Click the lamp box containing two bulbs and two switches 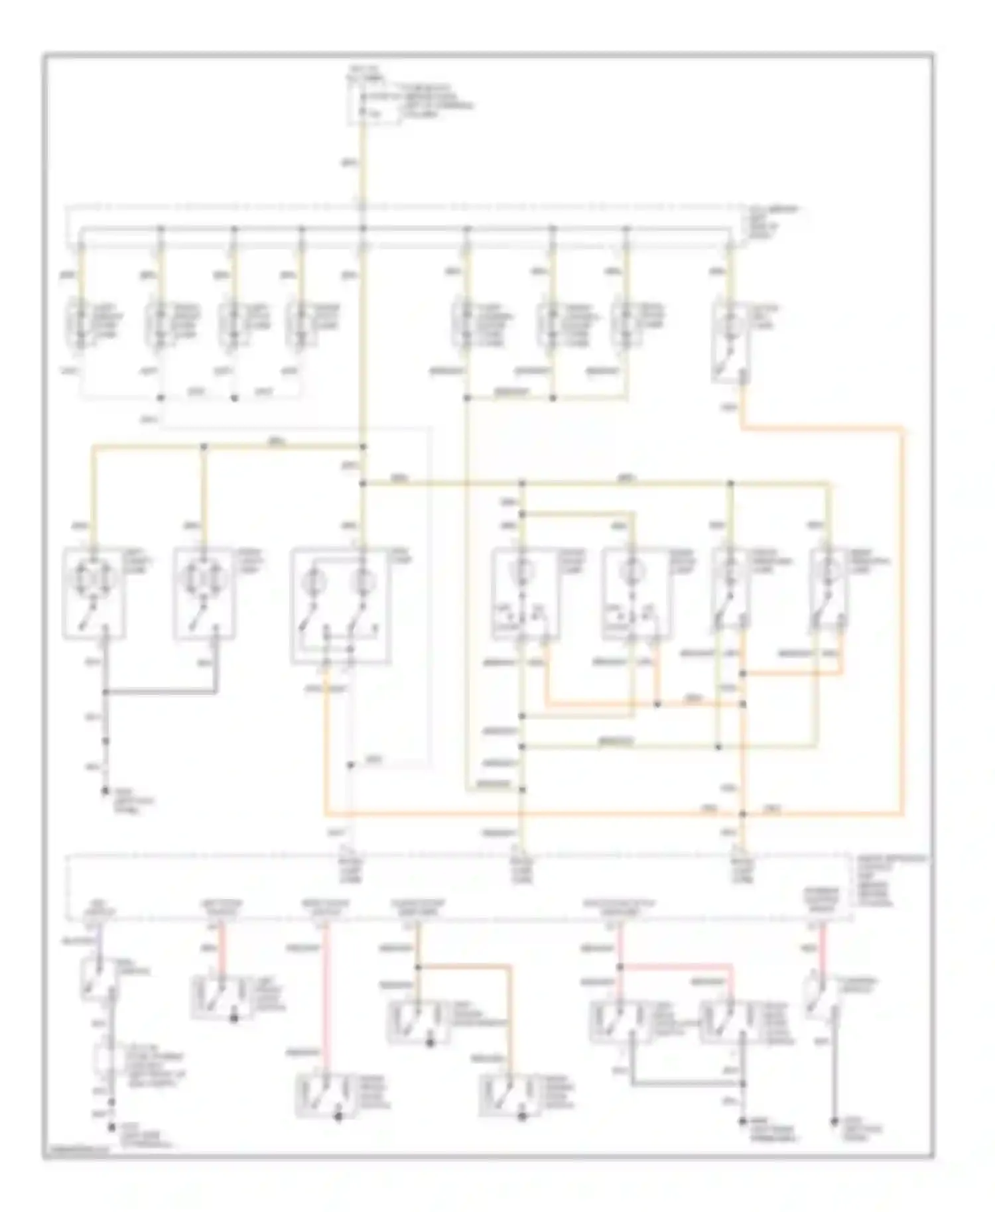341,604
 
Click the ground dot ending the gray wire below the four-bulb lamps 105,790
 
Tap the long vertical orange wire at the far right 902,617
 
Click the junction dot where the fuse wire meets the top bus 362,229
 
